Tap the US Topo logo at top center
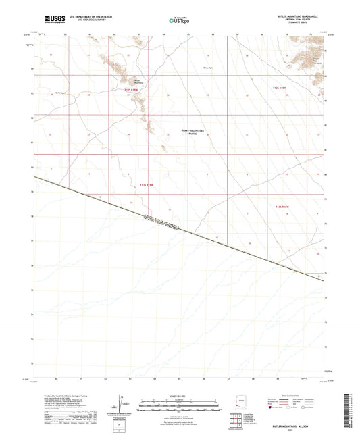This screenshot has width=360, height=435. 177,21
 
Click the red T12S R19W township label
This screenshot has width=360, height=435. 132,89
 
